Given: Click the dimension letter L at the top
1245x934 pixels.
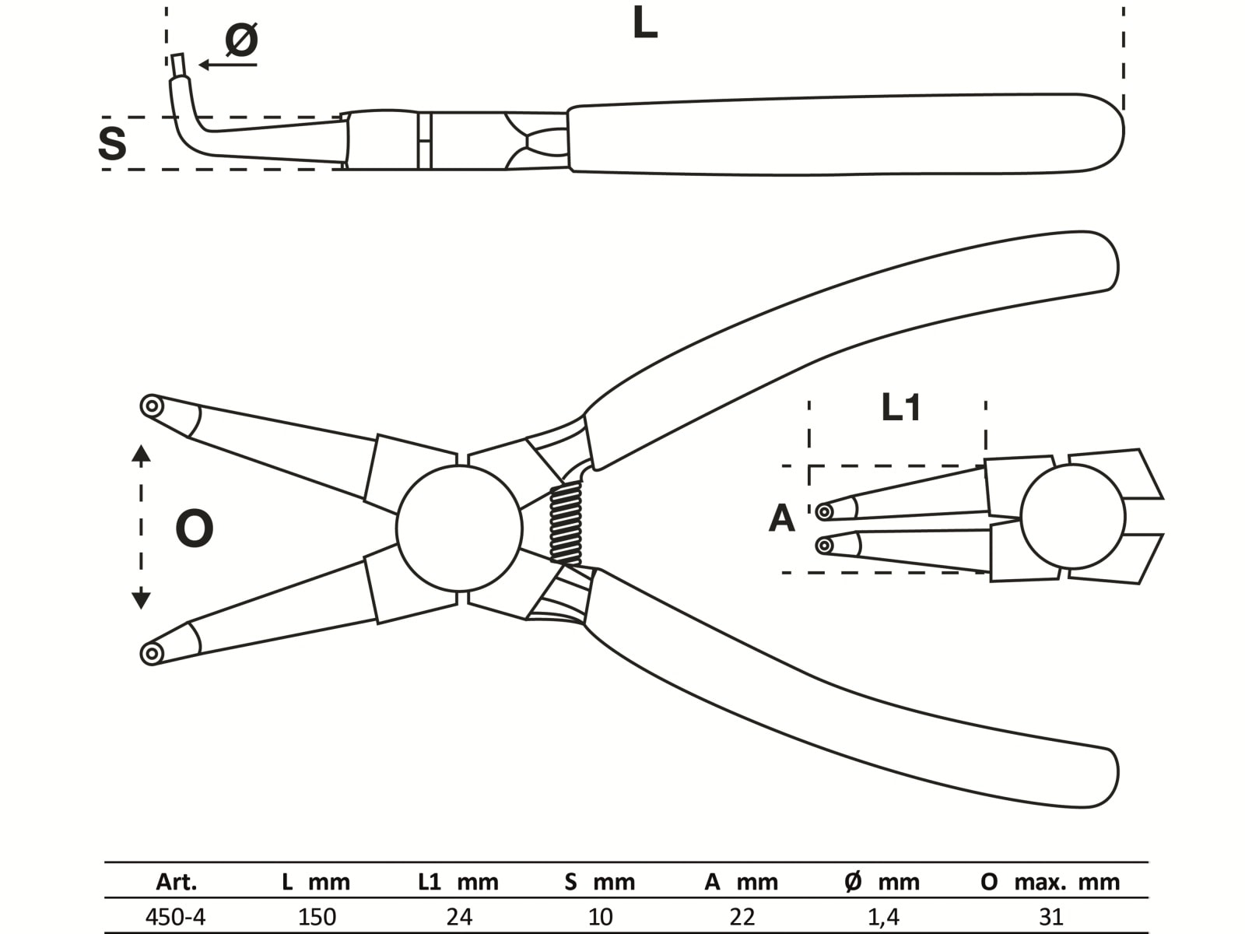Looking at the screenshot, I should click(644, 24).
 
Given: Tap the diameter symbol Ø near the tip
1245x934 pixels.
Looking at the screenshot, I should click(241, 39).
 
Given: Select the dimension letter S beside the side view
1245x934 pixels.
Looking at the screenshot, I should click(113, 144).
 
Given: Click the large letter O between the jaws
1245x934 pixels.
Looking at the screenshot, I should click(194, 529).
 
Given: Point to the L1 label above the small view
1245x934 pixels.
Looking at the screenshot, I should click(900, 407).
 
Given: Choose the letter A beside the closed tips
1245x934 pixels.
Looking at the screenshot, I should click(781, 518).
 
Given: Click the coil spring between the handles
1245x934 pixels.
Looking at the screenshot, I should click(566, 522).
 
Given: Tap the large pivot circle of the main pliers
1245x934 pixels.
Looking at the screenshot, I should click(459, 528).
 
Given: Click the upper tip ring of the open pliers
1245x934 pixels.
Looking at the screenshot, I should click(152, 406).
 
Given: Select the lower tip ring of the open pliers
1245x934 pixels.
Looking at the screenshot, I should click(152, 652).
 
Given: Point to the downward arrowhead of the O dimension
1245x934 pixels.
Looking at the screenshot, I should click(141, 600).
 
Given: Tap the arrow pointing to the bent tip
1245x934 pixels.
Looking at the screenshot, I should click(226, 65).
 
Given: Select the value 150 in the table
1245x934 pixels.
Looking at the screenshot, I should click(317, 916).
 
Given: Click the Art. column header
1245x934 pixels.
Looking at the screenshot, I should click(177, 882).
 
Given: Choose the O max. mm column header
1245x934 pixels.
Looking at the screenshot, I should click(1050, 882).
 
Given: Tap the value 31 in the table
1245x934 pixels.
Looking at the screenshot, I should click(1051, 916).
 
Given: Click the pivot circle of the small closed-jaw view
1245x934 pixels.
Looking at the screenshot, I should click(1073, 517).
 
